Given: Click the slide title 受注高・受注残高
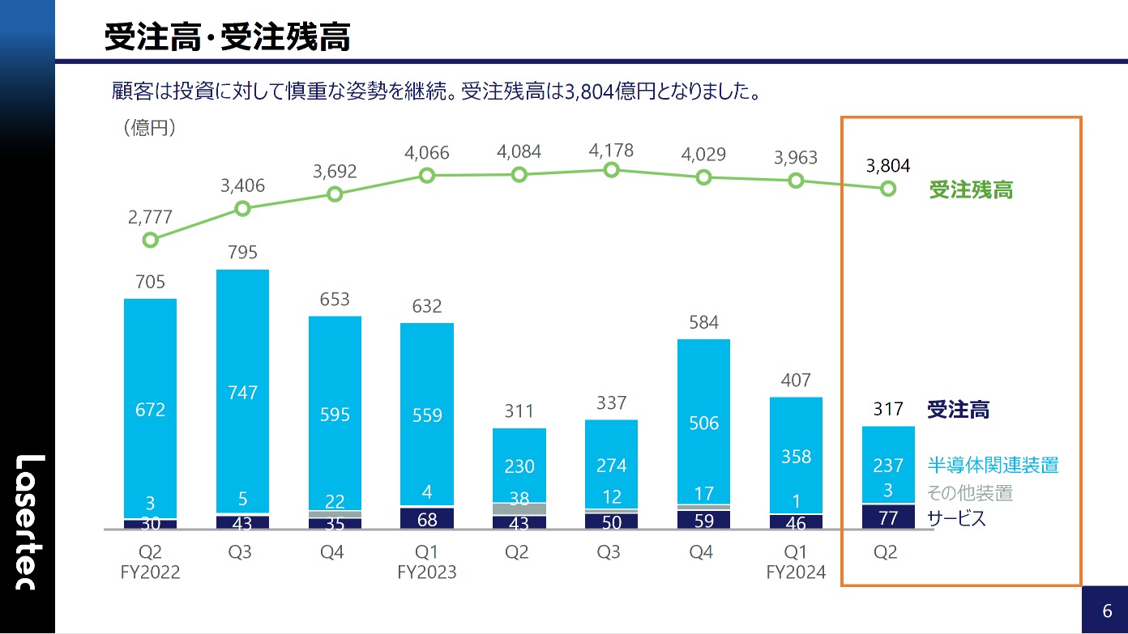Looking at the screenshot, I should pos(227,38).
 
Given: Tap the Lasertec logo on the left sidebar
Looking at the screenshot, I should pos(28,521).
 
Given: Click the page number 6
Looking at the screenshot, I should pos(1106,610).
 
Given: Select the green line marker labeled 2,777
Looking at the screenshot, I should pos(150,240).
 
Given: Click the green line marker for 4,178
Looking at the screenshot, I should pos(612,169).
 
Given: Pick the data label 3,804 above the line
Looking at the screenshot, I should pos(888,166).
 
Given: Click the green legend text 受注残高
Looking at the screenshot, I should pos(971,190).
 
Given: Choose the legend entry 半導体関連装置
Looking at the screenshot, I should pos(993,465).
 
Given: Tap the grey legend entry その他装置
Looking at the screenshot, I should pos(969,492).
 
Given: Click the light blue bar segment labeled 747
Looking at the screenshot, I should pos(242,392).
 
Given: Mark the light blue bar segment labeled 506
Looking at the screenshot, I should pos(704,422).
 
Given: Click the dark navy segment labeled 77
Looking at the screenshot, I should pos(888,517).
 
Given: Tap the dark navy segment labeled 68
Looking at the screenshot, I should pos(427,518).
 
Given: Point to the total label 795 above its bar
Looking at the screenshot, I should pos(242,252).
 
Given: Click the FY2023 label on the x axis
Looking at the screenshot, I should pos(427,572).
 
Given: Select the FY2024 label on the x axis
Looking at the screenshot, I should pos(797,572).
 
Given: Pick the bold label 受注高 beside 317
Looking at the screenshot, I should pos(958,410).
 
